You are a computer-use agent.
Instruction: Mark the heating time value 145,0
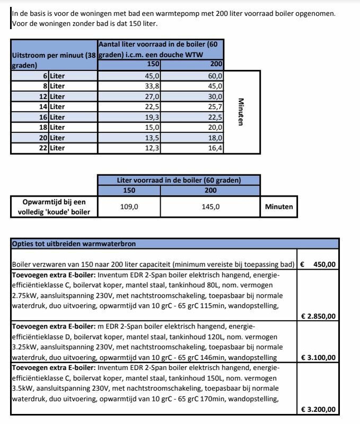210,207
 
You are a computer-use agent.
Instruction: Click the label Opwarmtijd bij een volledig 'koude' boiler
54,207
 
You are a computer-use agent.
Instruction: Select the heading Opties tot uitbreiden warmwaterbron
74,244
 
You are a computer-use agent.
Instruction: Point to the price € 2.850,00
318,316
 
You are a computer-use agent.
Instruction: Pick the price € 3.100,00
318,358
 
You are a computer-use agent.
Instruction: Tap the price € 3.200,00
318,410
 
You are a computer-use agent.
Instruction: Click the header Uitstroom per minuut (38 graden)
53,60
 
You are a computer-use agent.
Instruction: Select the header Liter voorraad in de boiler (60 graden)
179,180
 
